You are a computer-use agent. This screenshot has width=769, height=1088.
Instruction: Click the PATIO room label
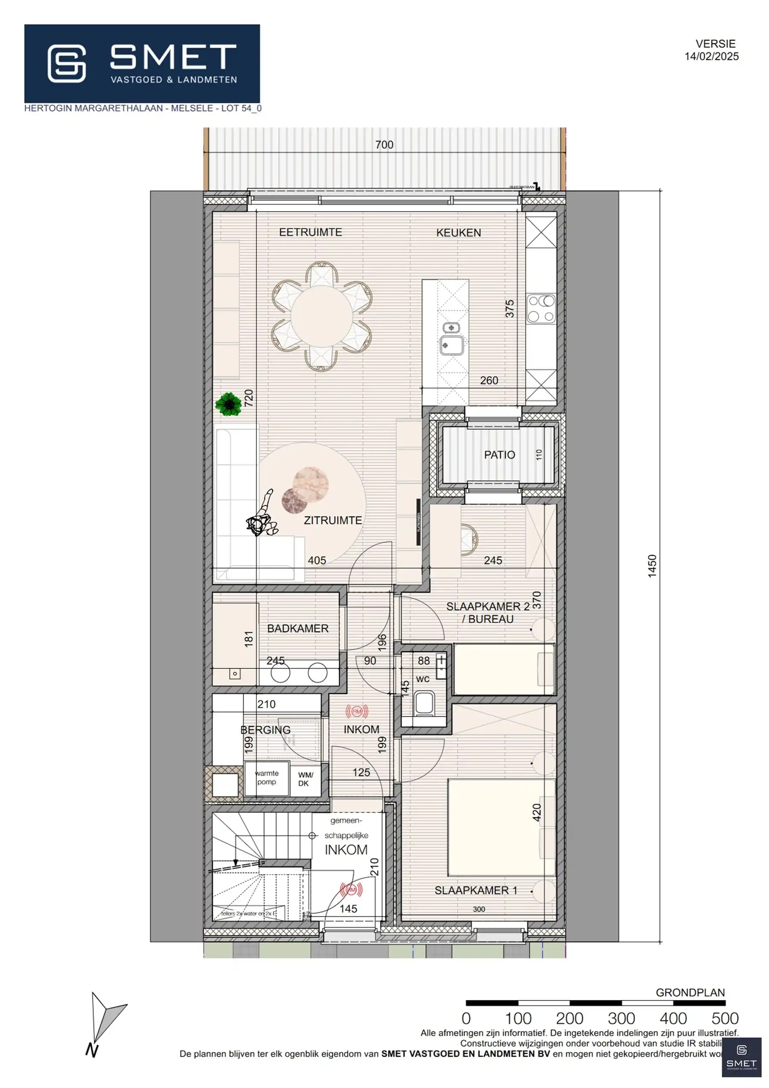coord(499,455)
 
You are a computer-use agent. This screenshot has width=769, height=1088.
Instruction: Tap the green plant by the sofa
coord(229,404)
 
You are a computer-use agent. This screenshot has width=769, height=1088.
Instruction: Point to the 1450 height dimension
coord(652,566)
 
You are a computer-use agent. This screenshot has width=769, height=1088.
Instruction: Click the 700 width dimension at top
coord(384,145)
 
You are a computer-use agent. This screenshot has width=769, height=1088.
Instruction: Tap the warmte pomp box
coord(266,778)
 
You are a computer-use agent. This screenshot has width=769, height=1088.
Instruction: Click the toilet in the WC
coord(424,703)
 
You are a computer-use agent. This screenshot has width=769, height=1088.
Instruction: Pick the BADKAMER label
coord(297,629)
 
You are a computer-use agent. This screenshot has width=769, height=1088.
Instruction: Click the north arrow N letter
coord(91,1050)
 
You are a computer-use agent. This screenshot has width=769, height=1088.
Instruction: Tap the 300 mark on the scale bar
coord(621,1018)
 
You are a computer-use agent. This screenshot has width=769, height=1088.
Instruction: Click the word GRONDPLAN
coord(690,993)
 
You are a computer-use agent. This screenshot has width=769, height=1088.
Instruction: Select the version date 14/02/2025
coord(711,56)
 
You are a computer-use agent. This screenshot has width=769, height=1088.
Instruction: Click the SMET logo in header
coord(142,64)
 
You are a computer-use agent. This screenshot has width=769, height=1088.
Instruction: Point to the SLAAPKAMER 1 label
coord(475,891)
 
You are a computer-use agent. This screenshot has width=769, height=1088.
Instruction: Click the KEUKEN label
coord(458,232)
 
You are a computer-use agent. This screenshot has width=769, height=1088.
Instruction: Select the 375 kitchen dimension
coord(509,309)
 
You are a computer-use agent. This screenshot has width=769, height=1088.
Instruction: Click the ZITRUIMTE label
coord(333,520)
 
